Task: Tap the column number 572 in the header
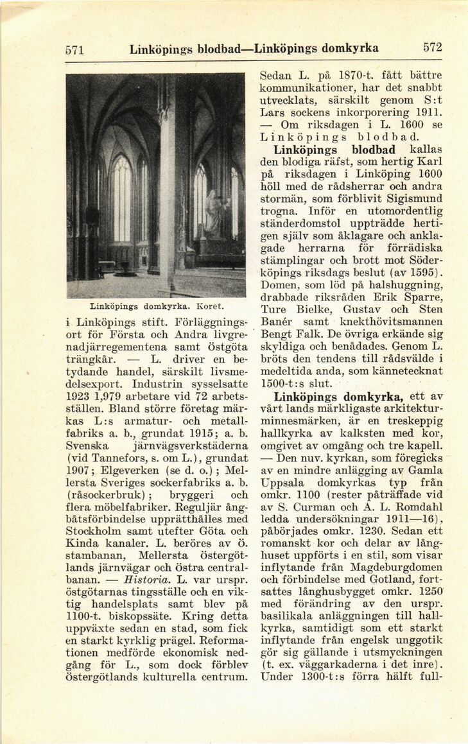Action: click(433, 48)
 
